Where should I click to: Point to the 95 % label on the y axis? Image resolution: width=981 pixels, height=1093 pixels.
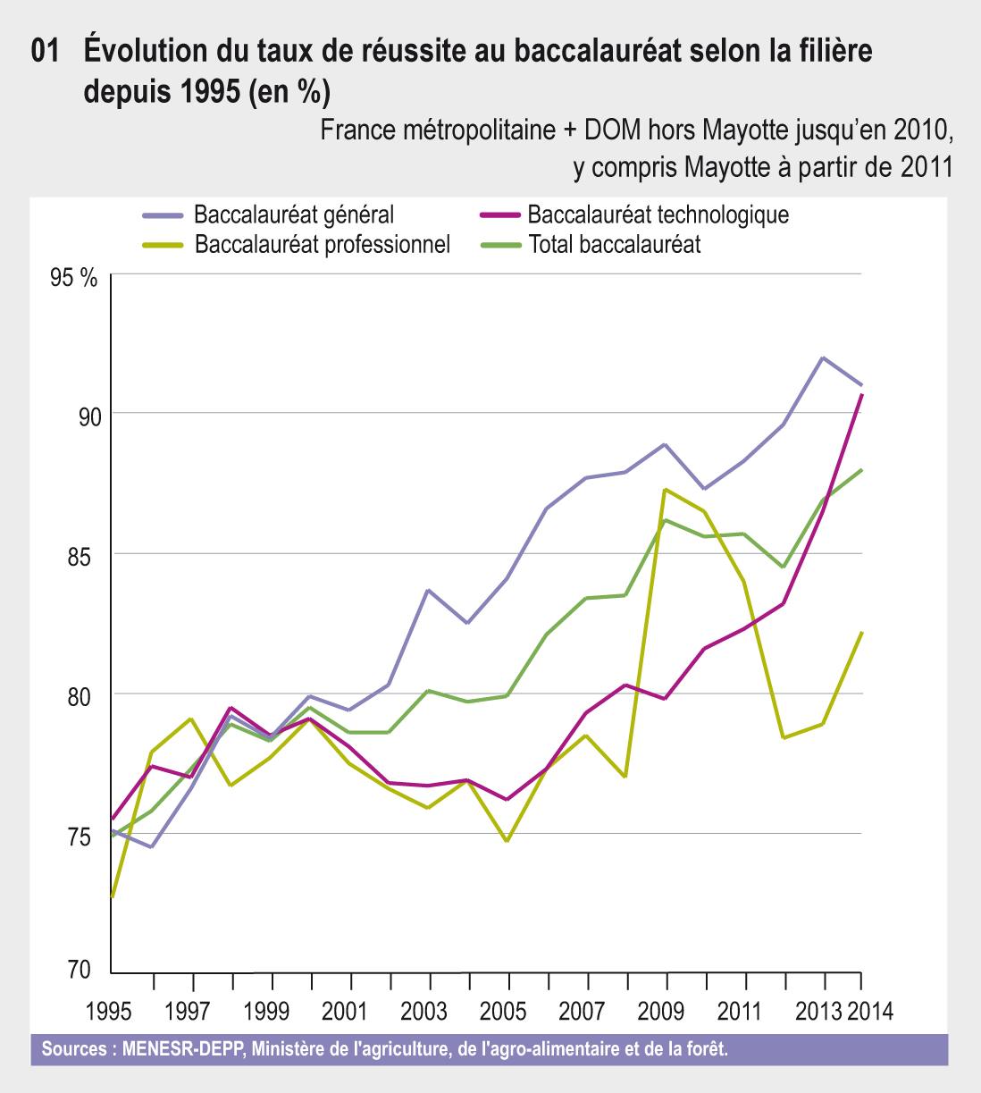click(73, 277)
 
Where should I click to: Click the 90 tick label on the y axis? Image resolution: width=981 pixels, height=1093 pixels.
click(89, 416)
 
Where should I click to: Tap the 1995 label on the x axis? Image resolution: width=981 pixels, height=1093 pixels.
click(109, 1012)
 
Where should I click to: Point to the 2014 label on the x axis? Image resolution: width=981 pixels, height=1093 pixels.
click(869, 1012)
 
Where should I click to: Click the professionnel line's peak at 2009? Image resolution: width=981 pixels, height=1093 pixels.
click(666, 489)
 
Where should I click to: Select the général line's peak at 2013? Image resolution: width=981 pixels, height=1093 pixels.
click(822, 357)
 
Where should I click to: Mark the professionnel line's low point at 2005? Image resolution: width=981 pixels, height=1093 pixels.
click(507, 841)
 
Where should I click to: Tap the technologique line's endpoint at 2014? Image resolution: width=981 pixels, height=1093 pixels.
click(861, 394)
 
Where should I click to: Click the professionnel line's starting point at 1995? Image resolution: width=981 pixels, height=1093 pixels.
click(112, 896)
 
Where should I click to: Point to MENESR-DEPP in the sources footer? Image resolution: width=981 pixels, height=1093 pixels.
click(182, 1048)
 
